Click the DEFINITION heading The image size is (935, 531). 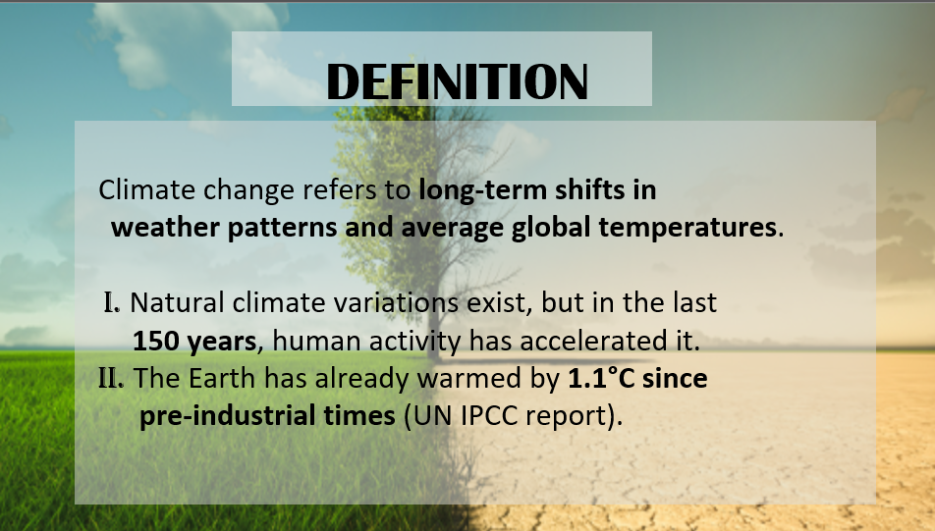click(458, 81)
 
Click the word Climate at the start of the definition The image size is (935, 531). click(146, 190)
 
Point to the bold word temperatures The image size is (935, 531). click(687, 228)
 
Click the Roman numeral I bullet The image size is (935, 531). click(112, 302)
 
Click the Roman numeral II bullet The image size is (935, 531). click(111, 379)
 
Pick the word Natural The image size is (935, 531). click(177, 302)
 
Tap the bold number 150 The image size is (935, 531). click(155, 342)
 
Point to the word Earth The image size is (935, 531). click(222, 379)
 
